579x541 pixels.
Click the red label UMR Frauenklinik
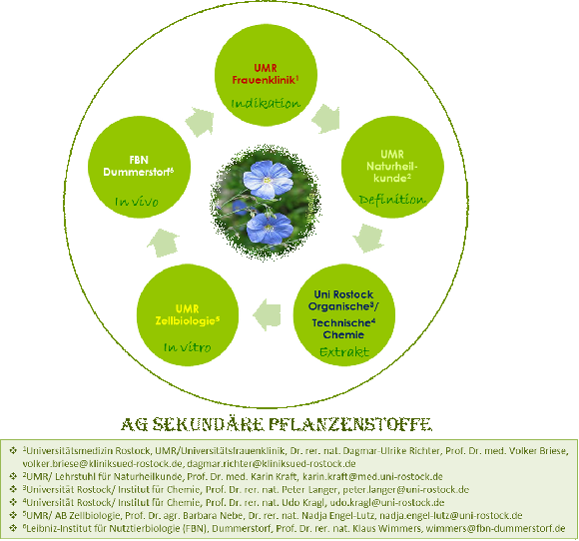266,74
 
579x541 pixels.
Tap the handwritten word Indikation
266,104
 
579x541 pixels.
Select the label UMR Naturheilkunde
392,166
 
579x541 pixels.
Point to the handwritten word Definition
392,200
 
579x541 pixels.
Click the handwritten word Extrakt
344,352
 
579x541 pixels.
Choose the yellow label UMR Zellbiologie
188,314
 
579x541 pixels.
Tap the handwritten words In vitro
188,347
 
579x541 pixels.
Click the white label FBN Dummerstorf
139,166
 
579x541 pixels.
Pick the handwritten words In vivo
137,202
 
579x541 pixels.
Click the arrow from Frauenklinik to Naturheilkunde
325,119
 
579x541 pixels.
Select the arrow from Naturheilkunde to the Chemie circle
368,239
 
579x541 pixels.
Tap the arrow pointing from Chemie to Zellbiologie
267,315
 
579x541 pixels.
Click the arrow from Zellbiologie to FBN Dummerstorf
163,243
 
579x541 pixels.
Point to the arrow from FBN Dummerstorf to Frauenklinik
200,122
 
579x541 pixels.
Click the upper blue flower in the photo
268,180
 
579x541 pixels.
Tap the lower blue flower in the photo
270,229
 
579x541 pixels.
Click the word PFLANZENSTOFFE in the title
349,424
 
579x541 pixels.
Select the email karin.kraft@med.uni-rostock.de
372,476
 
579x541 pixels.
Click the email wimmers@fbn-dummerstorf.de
495,528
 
